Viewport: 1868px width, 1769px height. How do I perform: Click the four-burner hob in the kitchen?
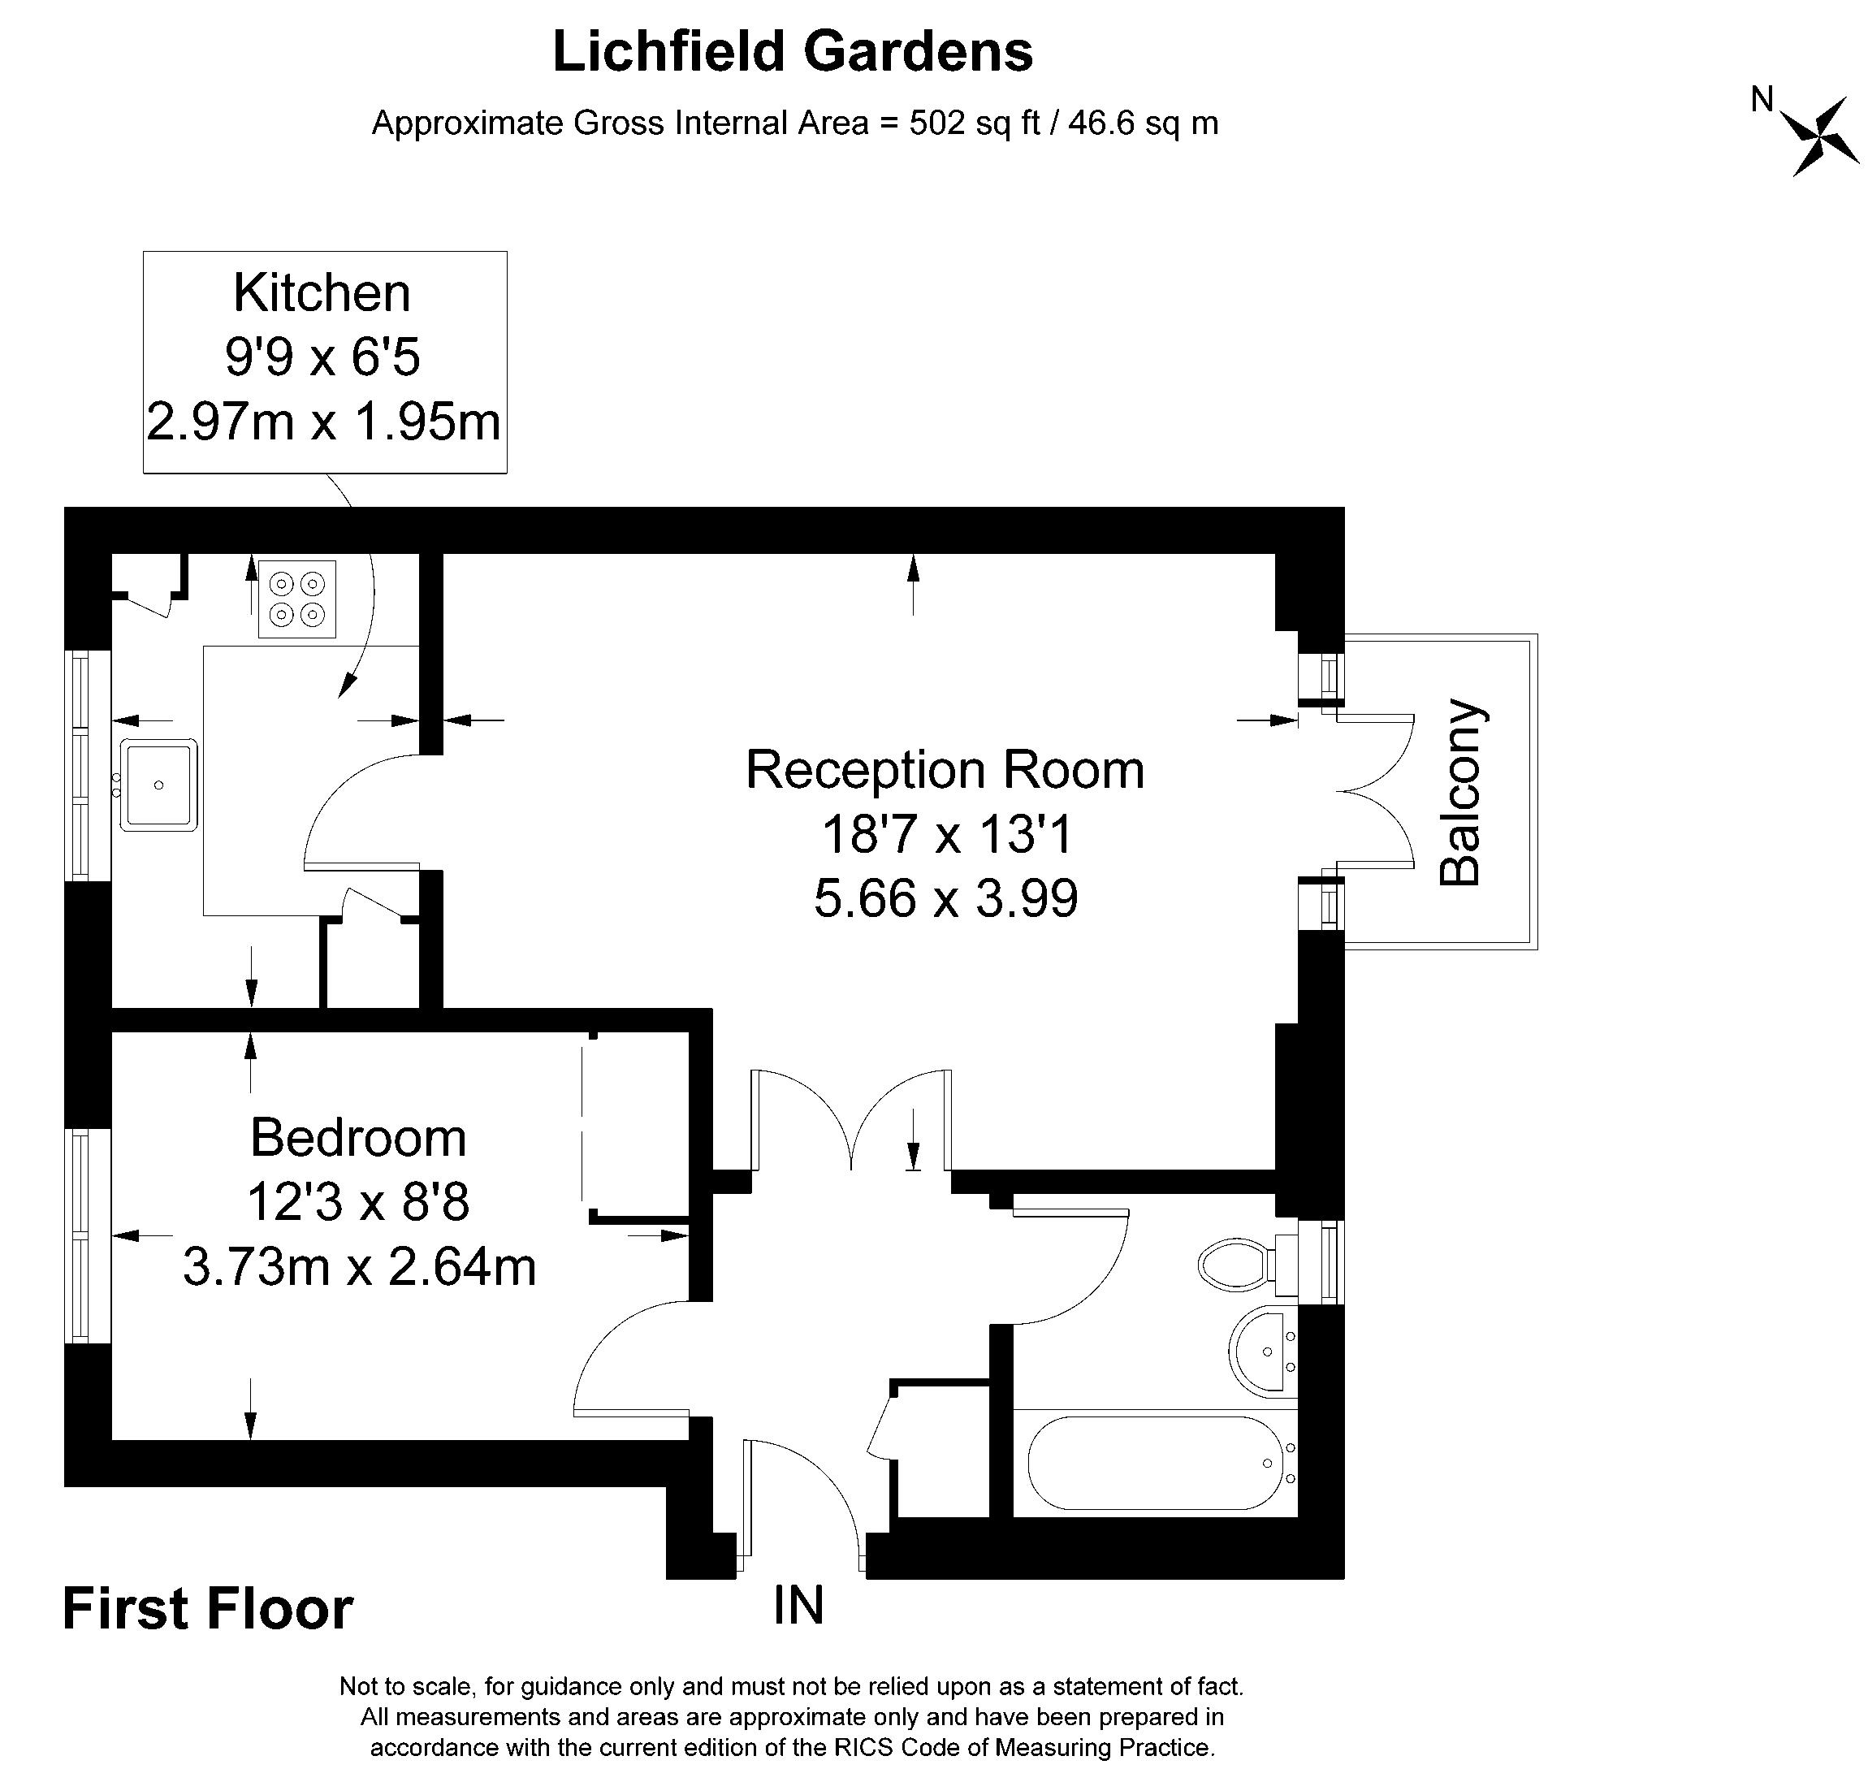[x=297, y=599]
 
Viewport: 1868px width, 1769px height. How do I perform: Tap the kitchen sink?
[x=158, y=785]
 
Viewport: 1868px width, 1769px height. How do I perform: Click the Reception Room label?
[x=945, y=768]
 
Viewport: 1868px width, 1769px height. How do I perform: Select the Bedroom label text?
[x=358, y=1137]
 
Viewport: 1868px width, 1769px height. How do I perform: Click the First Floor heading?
[x=207, y=1609]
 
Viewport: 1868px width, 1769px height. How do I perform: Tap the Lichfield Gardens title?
[x=792, y=51]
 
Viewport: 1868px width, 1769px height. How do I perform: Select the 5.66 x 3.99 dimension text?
[x=946, y=897]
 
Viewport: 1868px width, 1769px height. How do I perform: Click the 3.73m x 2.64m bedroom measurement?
[x=359, y=1266]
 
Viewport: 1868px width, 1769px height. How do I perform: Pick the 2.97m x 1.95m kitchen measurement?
[x=323, y=421]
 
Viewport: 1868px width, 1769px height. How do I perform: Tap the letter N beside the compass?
[x=1762, y=99]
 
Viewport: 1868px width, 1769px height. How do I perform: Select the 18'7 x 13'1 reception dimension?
[x=947, y=833]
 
